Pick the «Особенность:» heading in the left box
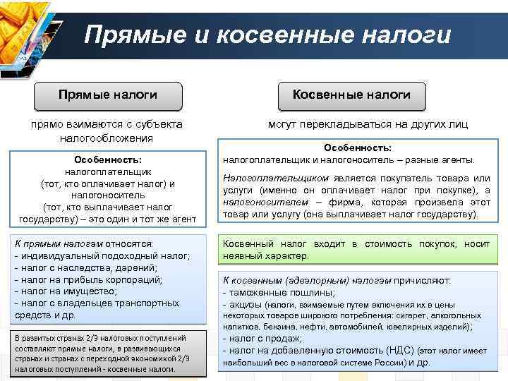point(108,159)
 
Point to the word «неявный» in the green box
point(241,255)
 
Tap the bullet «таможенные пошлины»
point(282,291)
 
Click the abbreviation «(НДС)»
point(399,351)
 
